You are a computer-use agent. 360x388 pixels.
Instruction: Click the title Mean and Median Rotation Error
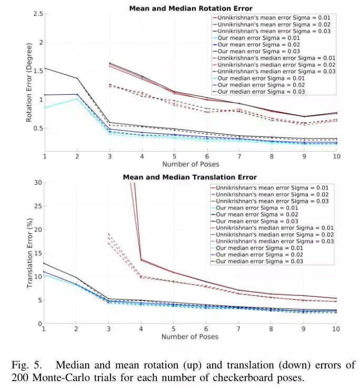[191, 8]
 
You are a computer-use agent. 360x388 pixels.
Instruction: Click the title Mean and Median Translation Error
[190, 177]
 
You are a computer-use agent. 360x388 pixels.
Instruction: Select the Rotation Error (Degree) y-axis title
[29, 84]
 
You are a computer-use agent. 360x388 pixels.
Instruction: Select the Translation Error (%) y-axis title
[29, 253]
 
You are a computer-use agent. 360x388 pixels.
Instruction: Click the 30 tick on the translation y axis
[38, 182]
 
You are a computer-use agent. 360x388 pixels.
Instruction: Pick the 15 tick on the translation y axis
[38, 253]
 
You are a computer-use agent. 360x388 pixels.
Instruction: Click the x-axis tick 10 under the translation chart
[336, 329]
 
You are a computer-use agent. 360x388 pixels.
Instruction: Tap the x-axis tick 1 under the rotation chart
[45, 157]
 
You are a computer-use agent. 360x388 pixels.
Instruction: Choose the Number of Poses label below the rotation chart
[190, 164]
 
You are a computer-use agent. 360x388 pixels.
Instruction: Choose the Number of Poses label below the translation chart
[190, 336]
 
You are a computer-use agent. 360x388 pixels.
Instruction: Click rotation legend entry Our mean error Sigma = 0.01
[258, 38]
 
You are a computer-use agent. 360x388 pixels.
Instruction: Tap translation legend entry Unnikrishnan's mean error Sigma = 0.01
[271, 187]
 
